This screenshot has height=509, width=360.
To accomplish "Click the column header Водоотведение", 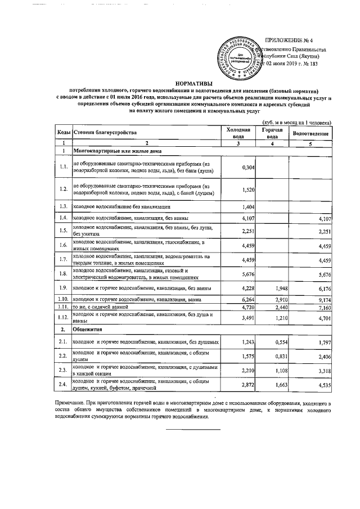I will pyautogui.click(x=310, y=133).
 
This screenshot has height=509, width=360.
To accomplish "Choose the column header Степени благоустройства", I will pyautogui.click(x=105, y=133).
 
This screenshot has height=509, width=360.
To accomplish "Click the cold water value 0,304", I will pyautogui.click(x=247, y=168).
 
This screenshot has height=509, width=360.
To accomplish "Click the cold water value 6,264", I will pyautogui.click(x=247, y=300).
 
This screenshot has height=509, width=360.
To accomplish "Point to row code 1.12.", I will pyautogui.click(x=64, y=318).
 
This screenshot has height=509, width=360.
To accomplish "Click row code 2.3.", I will pyautogui.click(x=64, y=371).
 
